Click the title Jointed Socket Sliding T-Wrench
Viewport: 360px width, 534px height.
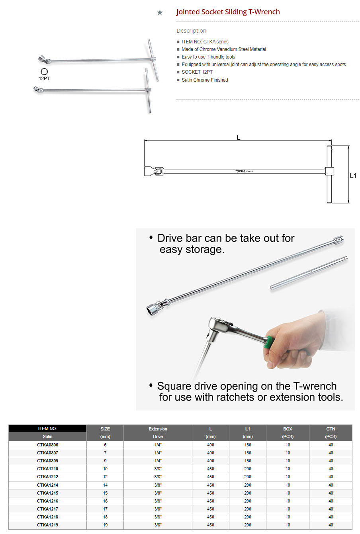(228, 12)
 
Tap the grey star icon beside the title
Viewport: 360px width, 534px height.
(160, 12)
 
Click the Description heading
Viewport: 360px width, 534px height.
(191, 31)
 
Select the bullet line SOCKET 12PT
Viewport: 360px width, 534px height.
(197, 72)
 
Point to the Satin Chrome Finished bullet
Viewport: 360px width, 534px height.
(205, 80)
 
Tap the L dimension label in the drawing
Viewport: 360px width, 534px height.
(239, 137)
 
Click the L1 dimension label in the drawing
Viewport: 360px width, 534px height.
(353, 176)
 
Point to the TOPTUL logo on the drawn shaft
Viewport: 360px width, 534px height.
(240, 171)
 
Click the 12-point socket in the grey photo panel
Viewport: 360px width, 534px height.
(152, 309)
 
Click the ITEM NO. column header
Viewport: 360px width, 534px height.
(47, 428)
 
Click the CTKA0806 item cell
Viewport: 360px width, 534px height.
(47, 445)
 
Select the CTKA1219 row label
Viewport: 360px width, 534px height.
(47, 525)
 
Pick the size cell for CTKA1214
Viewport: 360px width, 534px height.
(105, 485)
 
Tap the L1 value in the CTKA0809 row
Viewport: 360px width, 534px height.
(247, 461)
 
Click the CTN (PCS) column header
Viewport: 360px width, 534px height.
(331, 432)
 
